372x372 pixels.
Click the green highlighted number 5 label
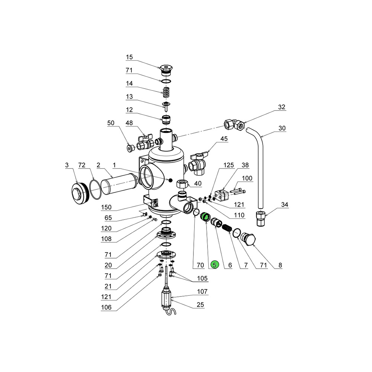(215, 265)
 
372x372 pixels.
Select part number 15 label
(129, 57)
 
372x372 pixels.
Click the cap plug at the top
(166, 70)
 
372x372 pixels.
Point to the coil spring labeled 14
(166, 90)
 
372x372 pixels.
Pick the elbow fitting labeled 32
(234, 124)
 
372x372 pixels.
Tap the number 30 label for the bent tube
(282, 128)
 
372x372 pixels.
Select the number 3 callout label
(67, 164)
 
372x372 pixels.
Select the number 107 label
(202, 292)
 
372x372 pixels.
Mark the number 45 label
(224, 139)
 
